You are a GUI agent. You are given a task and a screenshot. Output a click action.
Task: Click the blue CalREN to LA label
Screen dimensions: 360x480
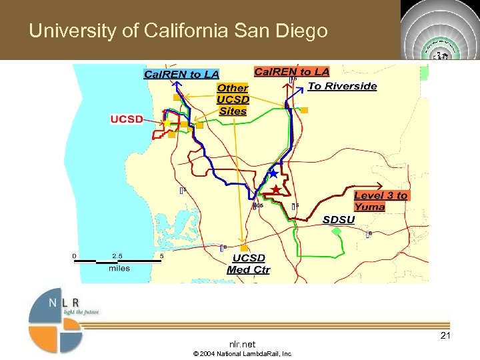tap(181, 74)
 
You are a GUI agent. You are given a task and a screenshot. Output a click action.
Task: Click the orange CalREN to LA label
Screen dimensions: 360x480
tap(291, 71)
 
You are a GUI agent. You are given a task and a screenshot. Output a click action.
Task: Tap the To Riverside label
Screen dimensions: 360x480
tap(342, 86)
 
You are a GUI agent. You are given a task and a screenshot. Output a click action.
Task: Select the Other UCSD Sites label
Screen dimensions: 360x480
tap(232, 99)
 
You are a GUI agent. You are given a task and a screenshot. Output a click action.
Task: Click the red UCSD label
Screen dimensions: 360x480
tap(126, 119)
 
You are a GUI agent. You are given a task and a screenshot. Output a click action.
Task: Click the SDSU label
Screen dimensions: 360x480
tap(339, 219)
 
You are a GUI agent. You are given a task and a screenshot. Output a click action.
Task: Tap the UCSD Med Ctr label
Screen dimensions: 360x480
tap(248, 263)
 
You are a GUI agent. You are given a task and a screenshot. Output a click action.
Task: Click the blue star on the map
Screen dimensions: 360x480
tap(273, 174)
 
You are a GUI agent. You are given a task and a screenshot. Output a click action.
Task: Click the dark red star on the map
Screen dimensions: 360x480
tap(275, 190)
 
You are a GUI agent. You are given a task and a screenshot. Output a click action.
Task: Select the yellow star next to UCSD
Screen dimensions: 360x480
tap(167, 123)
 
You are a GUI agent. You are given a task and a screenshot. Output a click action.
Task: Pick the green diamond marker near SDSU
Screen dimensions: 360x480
tap(337, 231)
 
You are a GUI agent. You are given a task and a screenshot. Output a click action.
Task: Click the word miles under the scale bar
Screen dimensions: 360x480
tap(119, 268)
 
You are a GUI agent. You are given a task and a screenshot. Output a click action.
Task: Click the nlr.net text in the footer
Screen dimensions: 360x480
tap(241, 344)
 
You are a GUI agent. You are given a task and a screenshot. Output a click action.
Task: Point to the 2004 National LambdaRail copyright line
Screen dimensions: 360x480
tap(241, 354)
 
